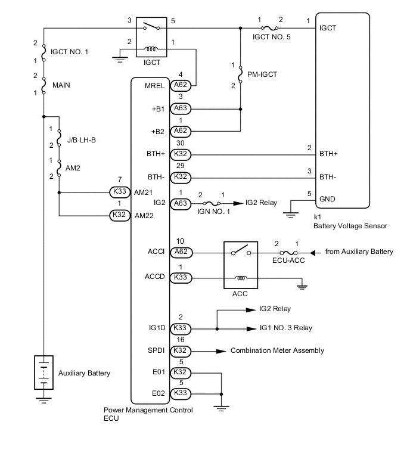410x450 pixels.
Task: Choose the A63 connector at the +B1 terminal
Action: [x=179, y=109]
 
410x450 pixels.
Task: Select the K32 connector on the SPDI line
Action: [x=179, y=350]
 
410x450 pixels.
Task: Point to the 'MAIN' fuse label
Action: [x=61, y=85]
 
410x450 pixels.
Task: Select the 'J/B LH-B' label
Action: [x=80, y=139]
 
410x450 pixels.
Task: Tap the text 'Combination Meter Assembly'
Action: [x=277, y=350]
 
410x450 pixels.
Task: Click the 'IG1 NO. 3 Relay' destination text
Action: [x=286, y=328]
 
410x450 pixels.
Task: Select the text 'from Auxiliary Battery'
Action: [x=359, y=252]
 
